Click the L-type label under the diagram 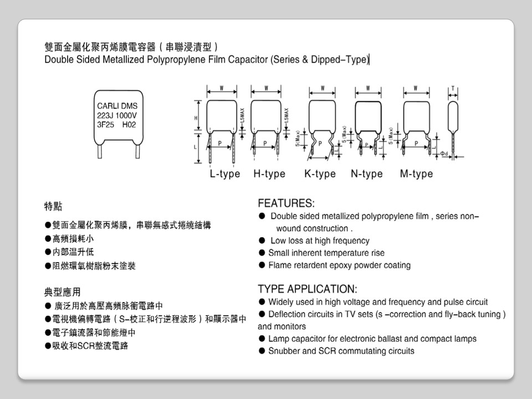pyautogui.click(x=224, y=174)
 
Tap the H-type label pyautogui.click(x=269, y=174)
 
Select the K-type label pyautogui.click(x=320, y=174)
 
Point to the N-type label pyautogui.click(x=366, y=174)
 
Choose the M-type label pyautogui.click(x=416, y=174)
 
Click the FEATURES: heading pyautogui.click(x=286, y=203)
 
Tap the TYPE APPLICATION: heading pyautogui.click(x=308, y=289)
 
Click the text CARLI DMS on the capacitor pyautogui.click(x=117, y=106)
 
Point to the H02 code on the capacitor pyautogui.click(x=129, y=125)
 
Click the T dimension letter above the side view pyautogui.click(x=453, y=89)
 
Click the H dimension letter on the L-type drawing pyautogui.click(x=196, y=117)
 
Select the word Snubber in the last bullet pyautogui.click(x=284, y=351)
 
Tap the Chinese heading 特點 pyautogui.click(x=53, y=207)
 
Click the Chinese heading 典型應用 pyautogui.click(x=62, y=292)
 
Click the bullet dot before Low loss pyautogui.click(x=262, y=241)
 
